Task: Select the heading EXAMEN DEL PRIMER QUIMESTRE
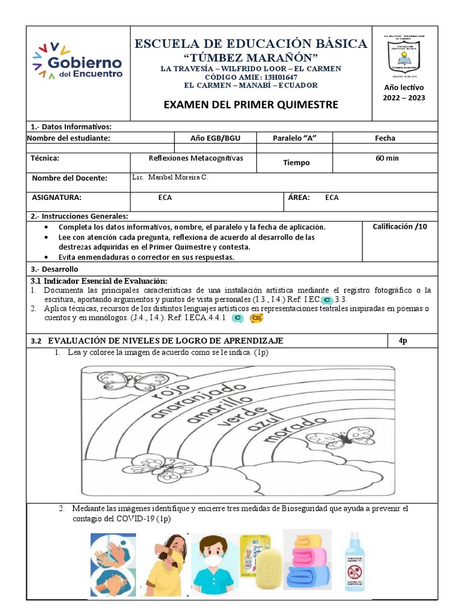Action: click(251, 105)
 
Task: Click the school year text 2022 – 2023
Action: click(404, 98)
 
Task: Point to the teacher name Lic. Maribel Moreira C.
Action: click(170, 178)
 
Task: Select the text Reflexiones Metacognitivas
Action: click(192, 158)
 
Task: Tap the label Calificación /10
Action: click(401, 226)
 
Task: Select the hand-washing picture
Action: click(113, 565)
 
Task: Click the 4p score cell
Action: click(403, 341)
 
